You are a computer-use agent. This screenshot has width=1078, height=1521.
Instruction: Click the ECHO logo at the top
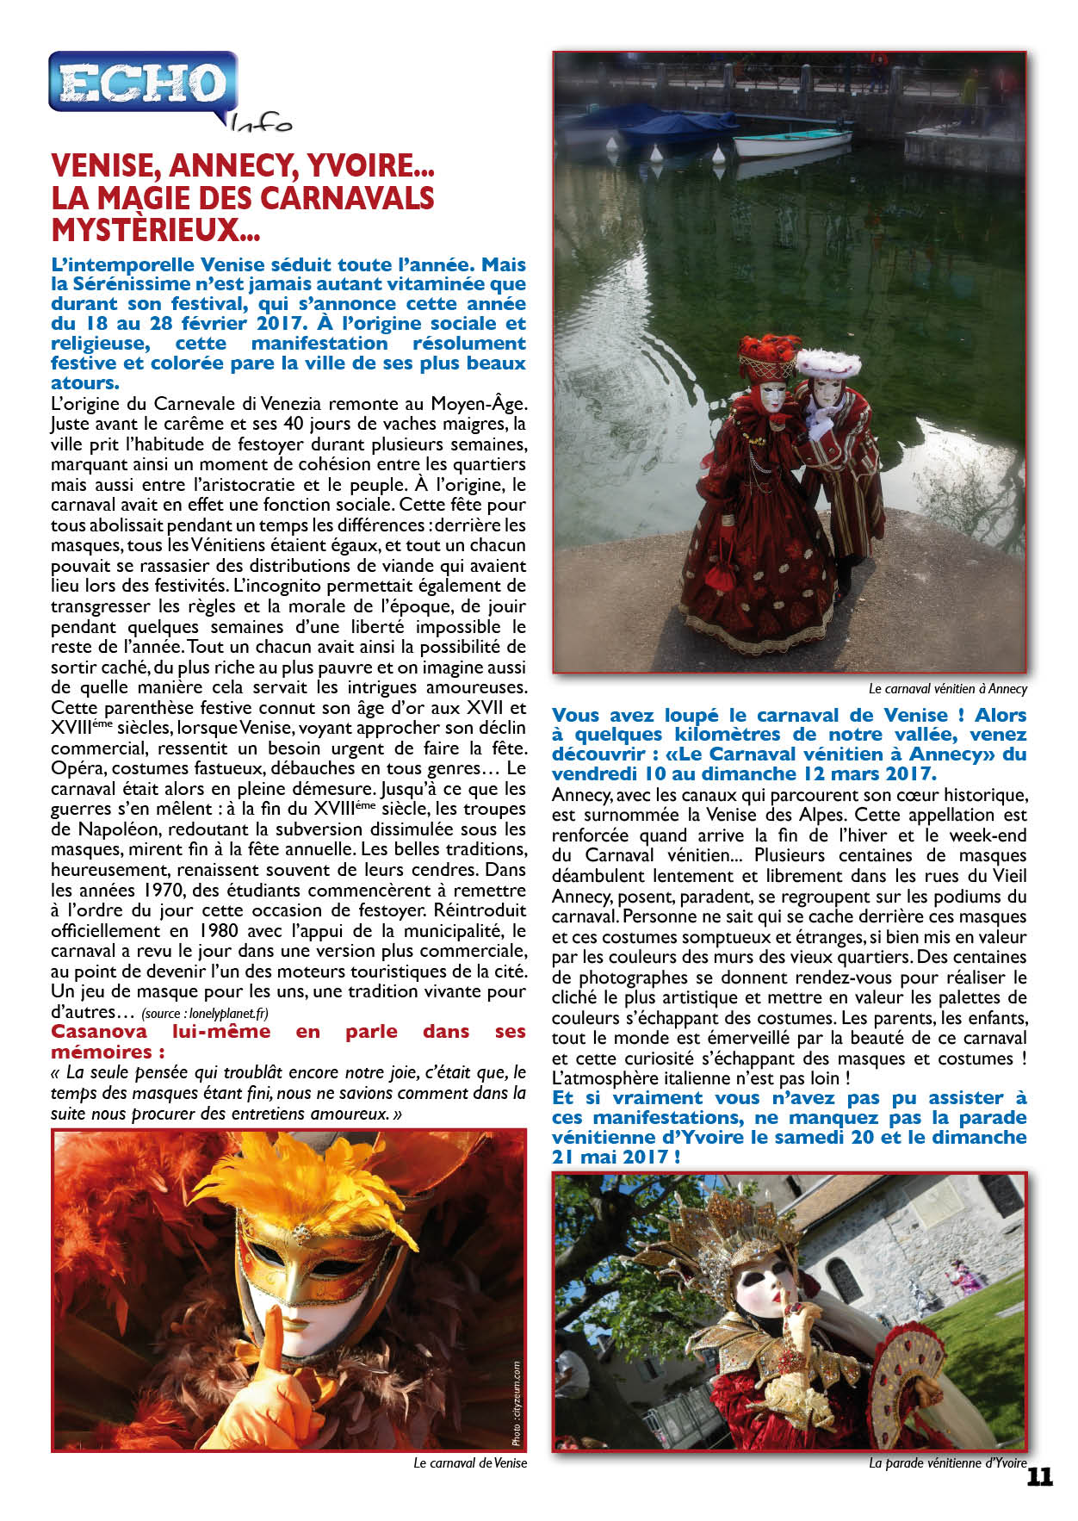pyautogui.click(x=142, y=83)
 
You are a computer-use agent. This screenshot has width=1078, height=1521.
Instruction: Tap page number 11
pyautogui.click(x=1039, y=1476)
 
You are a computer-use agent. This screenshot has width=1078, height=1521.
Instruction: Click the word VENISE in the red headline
pyautogui.click(x=104, y=165)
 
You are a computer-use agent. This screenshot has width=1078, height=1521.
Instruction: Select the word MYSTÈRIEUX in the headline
pyautogui.click(x=145, y=230)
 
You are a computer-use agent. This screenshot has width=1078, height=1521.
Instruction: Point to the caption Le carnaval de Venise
pyautogui.click(x=469, y=1462)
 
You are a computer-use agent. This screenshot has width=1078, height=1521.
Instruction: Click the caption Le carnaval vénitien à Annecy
pyautogui.click(x=947, y=688)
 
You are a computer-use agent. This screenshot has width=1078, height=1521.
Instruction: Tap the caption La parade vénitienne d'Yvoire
pyautogui.click(x=947, y=1462)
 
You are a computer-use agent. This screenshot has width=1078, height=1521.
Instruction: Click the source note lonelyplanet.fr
pyautogui.click(x=224, y=1013)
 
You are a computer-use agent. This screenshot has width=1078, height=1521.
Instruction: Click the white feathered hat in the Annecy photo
pyautogui.click(x=827, y=363)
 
